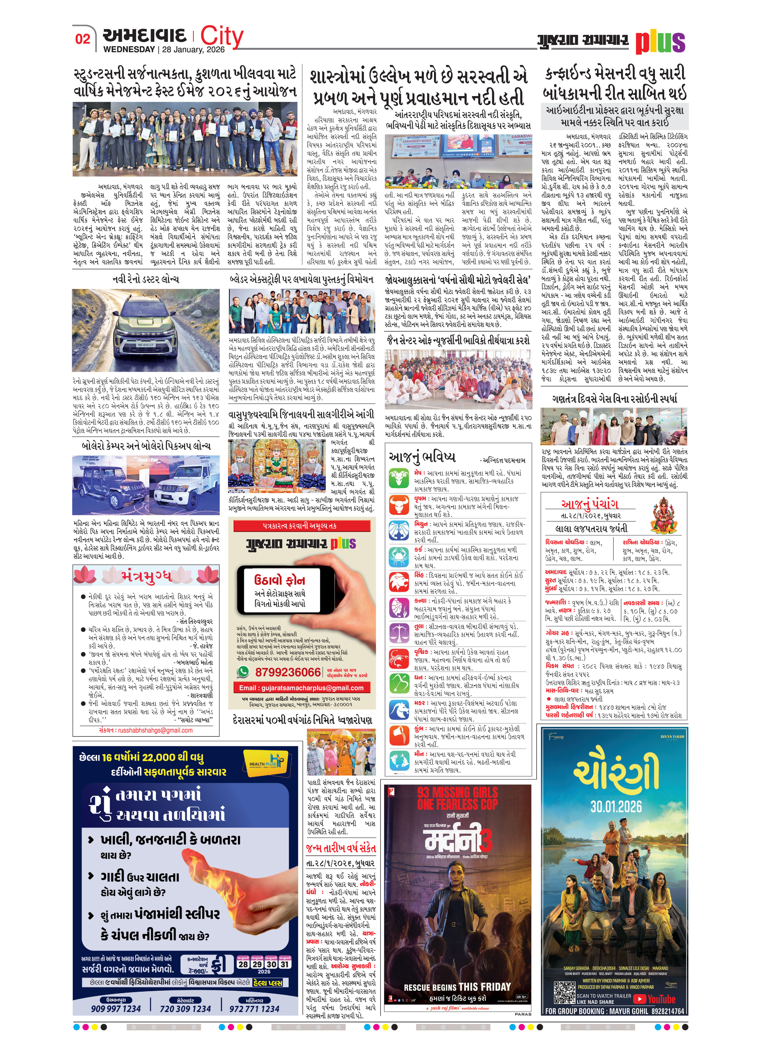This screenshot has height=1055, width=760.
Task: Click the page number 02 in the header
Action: pos(83,39)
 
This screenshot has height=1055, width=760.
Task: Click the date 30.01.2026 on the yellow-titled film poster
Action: pos(616,806)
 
